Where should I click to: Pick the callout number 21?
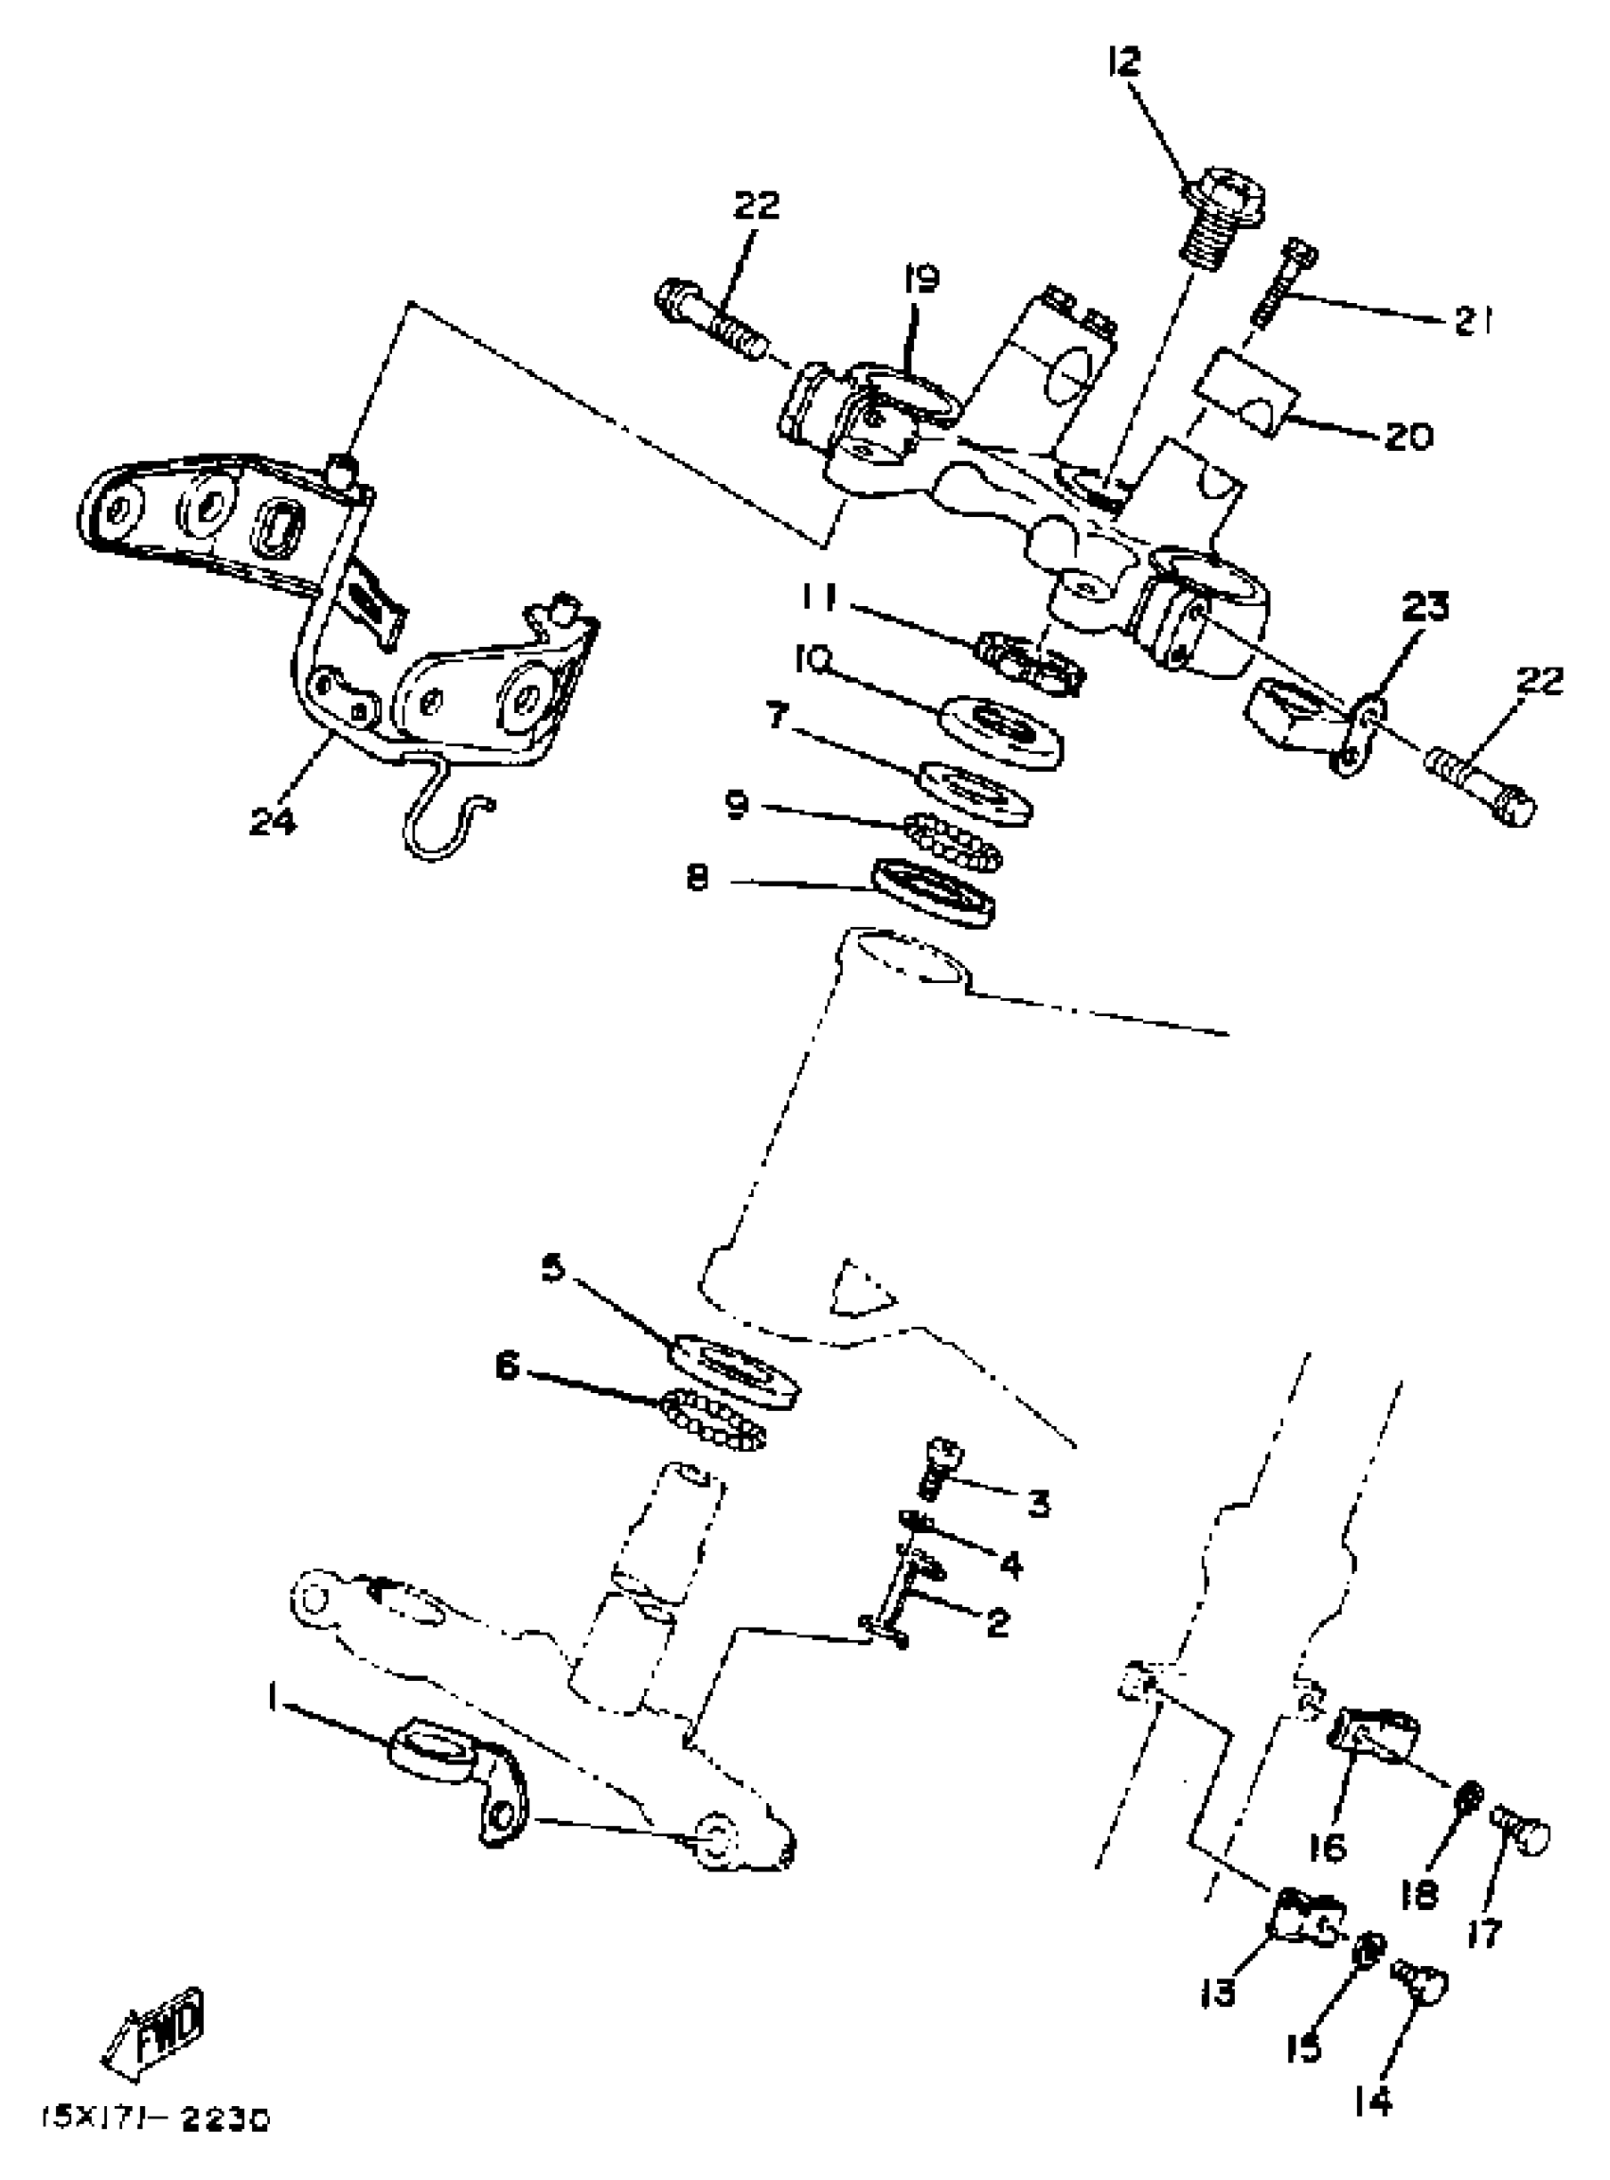pyautogui.click(x=1473, y=322)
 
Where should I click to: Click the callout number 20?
pyautogui.click(x=1407, y=436)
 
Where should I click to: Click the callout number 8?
pyautogui.click(x=697, y=880)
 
